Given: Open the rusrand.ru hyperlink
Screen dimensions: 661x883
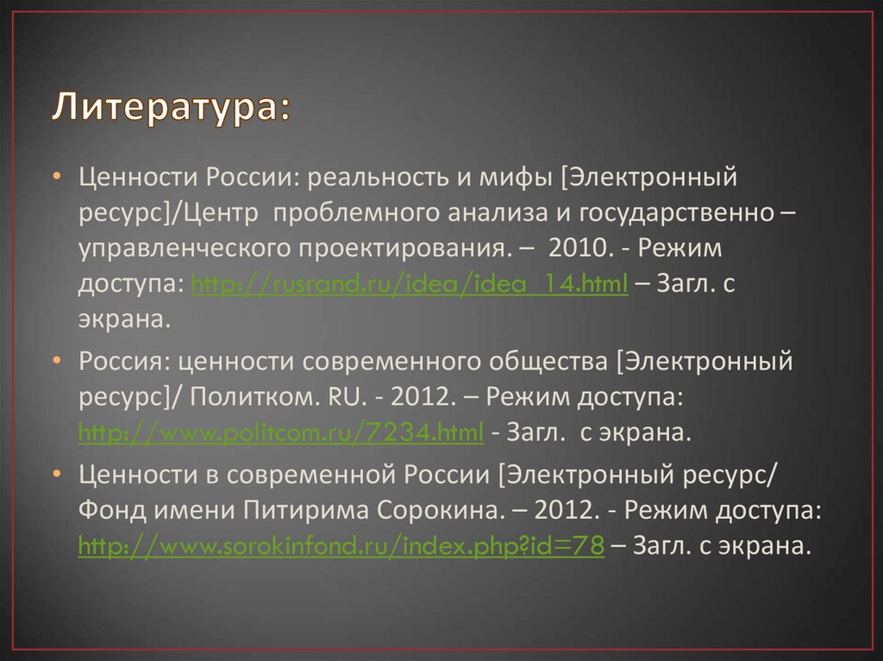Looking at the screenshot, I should [409, 285].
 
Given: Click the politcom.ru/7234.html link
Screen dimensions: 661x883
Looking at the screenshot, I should [280, 433].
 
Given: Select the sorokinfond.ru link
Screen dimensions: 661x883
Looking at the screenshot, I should [340, 546].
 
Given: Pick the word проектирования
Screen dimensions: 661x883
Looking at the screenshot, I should [400, 250].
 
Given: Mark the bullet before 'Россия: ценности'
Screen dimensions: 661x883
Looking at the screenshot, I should [55, 362].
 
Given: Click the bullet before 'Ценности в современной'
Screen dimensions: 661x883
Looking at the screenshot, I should [55, 475].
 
